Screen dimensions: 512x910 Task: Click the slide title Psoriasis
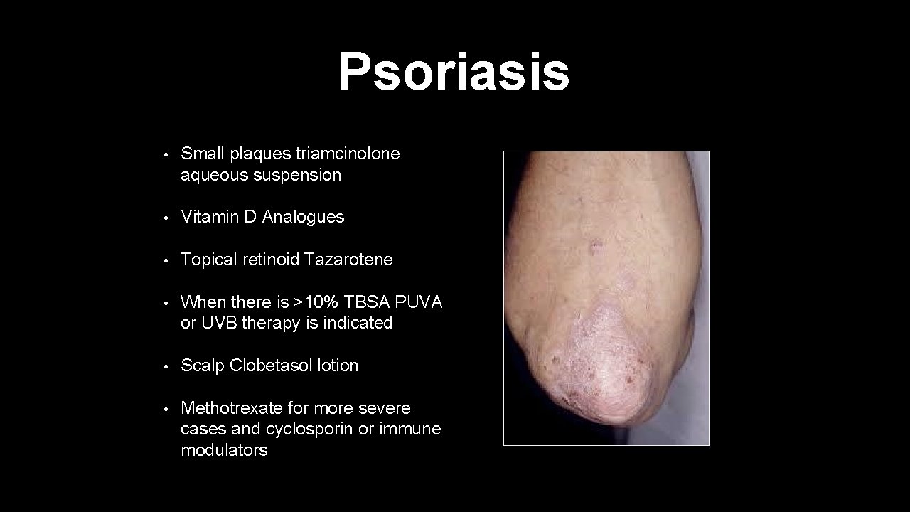coord(454,72)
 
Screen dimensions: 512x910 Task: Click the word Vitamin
coord(210,217)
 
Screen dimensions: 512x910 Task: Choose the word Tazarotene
coord(348,260)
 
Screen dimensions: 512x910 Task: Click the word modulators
coord(224,450)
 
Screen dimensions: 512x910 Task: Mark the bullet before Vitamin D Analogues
coord(164,218)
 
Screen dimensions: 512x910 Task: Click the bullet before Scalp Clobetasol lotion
coord(164,366)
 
